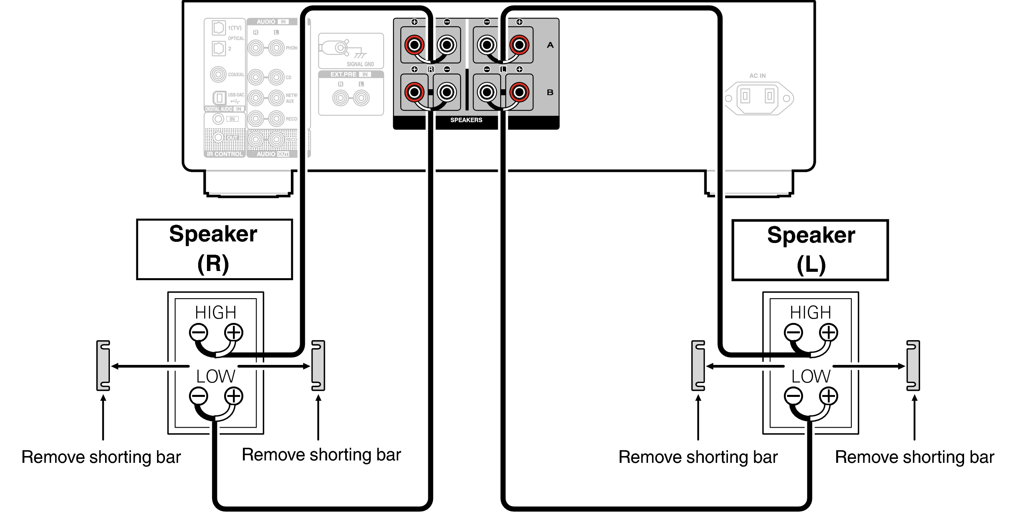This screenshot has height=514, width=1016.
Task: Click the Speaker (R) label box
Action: (x=214, y=249)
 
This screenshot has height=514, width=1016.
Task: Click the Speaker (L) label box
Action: (x=810, y=250)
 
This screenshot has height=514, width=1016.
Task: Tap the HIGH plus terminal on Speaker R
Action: (x=234, y=333)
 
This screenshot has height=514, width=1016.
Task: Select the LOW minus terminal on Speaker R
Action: (x=199, y=396)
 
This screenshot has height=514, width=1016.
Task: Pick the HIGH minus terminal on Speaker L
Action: (x=793, y=333)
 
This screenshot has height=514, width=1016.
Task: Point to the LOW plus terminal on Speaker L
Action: (x=829, y=396)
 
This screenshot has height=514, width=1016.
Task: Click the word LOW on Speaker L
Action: (x=811, y=377)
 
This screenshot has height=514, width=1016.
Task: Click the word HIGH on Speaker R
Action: (x=216, y=313)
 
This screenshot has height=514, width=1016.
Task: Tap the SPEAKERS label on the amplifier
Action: (x=466, y=120)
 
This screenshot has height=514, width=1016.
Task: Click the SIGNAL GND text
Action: (x=360, y=64)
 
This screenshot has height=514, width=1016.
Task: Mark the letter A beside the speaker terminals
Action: (x=550, y=45)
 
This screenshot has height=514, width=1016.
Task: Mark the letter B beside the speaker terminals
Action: (x=550, y=92)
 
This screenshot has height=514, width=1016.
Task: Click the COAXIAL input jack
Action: (x=218, y=74)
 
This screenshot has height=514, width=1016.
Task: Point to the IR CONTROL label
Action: (x=225, y=154)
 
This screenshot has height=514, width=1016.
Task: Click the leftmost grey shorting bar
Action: (x=103, y=365)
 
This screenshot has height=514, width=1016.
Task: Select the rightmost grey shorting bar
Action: (x=913, y=365)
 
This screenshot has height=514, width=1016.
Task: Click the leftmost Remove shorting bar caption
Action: (x=101, y=457)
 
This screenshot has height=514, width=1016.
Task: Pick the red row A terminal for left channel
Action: (x=519, y=45)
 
